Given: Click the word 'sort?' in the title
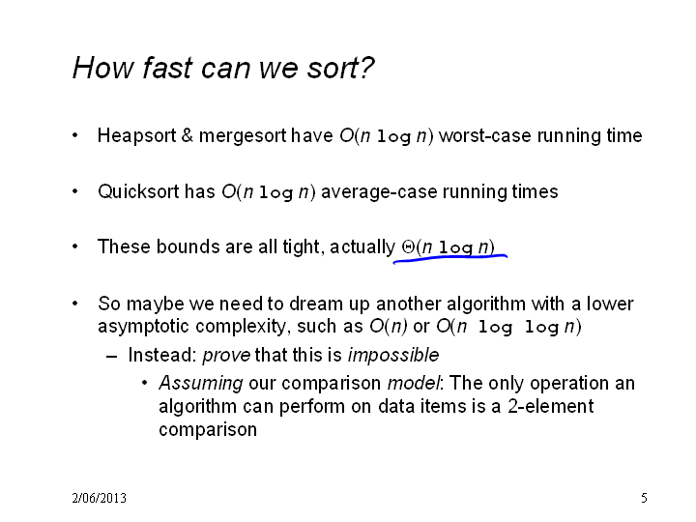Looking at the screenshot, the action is [x=341, y=69].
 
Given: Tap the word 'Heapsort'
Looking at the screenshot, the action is [x=136, y=136].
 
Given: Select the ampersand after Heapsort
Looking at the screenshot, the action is [x=188, y=135].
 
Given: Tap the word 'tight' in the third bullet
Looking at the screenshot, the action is [x=302, y=247].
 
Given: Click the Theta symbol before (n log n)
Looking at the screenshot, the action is [x=408, y=246].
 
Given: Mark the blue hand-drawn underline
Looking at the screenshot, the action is [x=450, y=258].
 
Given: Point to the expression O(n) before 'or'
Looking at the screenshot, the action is [x=389, y=327].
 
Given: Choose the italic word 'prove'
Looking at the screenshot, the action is [x=226, y=356].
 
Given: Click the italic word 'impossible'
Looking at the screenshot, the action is [x=393, y=356].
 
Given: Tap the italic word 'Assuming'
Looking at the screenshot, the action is [x=201, y=384].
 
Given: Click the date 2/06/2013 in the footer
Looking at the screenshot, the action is [x=99, y=498].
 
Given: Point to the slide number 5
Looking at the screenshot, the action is [x=644, y=498].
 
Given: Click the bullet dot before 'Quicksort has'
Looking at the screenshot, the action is [x=75, y=191].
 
